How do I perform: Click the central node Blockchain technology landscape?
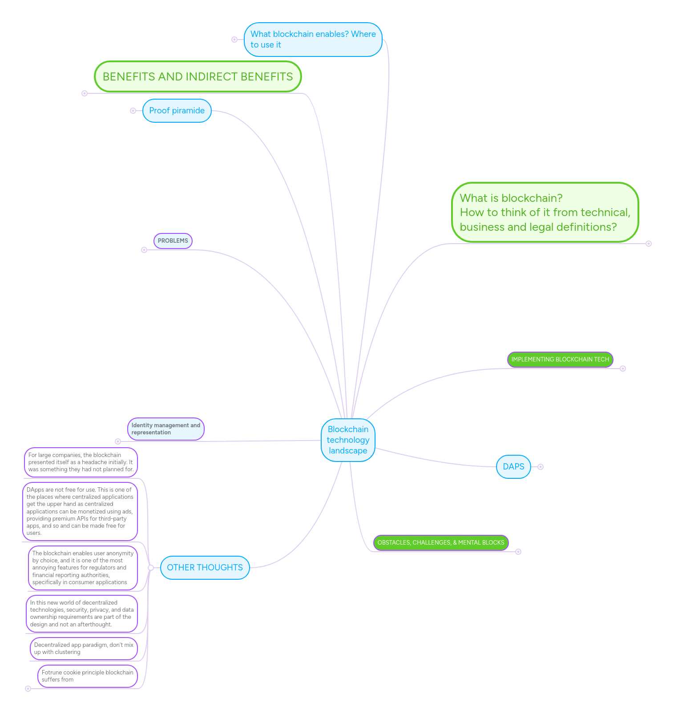pos(348,440)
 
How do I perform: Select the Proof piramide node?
pos(177,111)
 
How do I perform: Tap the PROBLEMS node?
pos(173,241)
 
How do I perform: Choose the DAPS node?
pos(513,466)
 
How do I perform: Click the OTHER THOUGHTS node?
pos(205,567)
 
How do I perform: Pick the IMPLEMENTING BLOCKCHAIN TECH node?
pos(560,360)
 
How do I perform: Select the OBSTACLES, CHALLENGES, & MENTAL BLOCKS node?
pos(440,542)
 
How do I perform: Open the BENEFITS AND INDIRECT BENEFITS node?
pos(198,76)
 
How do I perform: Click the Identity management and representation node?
pos(165,429)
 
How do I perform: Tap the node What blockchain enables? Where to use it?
pos(313,40)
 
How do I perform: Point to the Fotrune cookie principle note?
pos(87,676)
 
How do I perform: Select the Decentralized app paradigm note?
pos(84,648)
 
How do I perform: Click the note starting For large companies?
pos(81,462)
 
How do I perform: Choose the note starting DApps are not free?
pos(80,511)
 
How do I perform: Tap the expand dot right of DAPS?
pos(541,467)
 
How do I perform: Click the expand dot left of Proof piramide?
pos(133,111)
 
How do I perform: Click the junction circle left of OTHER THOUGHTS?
pos(151,568)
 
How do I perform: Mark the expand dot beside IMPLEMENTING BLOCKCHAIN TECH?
pos(623,369)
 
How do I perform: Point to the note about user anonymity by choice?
pos(83,568)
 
